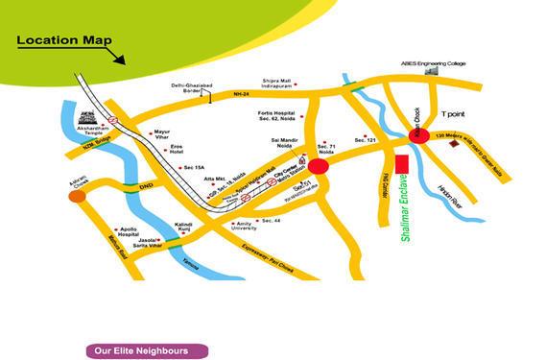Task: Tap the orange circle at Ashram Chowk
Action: [x=76, y=196]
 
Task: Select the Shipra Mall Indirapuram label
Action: [x=282, y=84]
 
